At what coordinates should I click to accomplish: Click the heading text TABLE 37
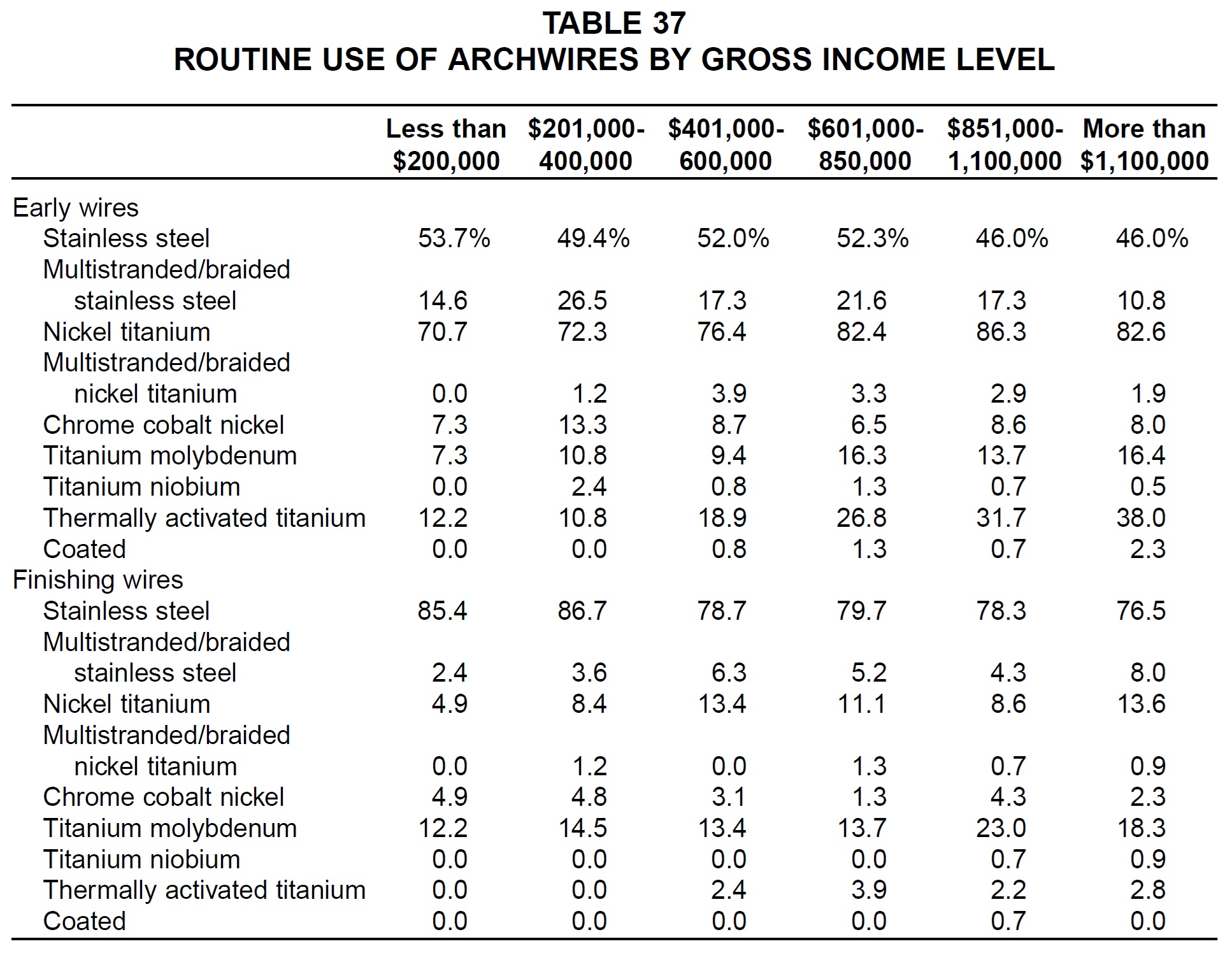(614, 24)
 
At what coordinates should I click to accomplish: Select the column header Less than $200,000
(446, 145)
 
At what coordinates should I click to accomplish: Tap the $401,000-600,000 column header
(726, 145)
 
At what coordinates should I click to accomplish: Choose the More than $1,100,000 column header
(1144, 145)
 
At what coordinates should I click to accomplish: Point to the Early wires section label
(75, 208)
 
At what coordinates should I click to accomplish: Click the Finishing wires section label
(98, 580)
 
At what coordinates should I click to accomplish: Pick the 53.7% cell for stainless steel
(454, 238)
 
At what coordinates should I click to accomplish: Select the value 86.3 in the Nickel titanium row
(1001, 332)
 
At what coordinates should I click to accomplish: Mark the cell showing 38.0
(1141, 518)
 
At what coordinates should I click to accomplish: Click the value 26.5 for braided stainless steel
(582, 301)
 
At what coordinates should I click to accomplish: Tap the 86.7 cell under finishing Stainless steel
(582, 611)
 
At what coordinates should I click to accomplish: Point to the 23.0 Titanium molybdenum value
(1001, 828)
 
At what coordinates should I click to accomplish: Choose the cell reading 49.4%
(593, 238)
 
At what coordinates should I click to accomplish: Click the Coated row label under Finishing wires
(84, 921)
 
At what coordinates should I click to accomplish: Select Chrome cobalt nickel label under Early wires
(163, 425)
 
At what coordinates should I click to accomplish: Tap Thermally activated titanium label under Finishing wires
(204, 890)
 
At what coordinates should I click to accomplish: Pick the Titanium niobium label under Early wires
(141, 487)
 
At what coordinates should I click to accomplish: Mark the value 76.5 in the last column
(1141, 611)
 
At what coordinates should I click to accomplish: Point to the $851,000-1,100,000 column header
(1005, 145)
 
